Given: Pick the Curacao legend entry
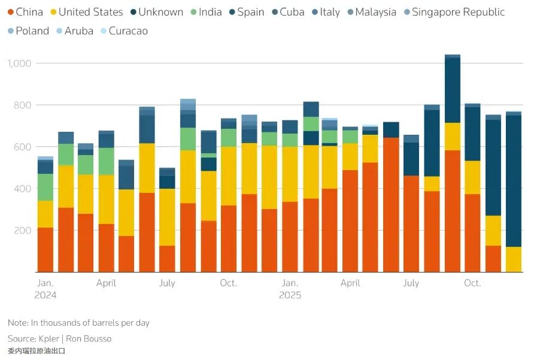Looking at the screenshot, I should coord(128,31).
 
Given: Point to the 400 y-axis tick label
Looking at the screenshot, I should coord(23,189).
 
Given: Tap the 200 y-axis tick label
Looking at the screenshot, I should coord(23,231).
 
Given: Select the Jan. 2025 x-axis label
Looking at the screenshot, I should coord(290,289).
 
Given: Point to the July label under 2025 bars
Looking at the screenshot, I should coord(411,283).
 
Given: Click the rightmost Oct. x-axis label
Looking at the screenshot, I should coord(472,283).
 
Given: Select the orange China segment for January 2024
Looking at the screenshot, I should coord(45,250).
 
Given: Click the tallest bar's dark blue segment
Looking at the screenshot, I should coord(453,90).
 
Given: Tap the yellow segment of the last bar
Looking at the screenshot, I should coord(514,259).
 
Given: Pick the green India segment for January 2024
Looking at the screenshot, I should coord(45,187).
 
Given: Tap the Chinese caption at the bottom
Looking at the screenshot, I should coord(37,351).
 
